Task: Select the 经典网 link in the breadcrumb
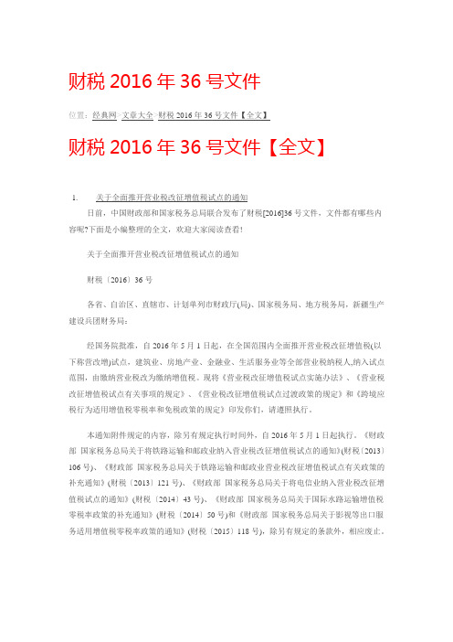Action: point(104,115)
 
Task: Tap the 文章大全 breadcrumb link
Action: point(138,115)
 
